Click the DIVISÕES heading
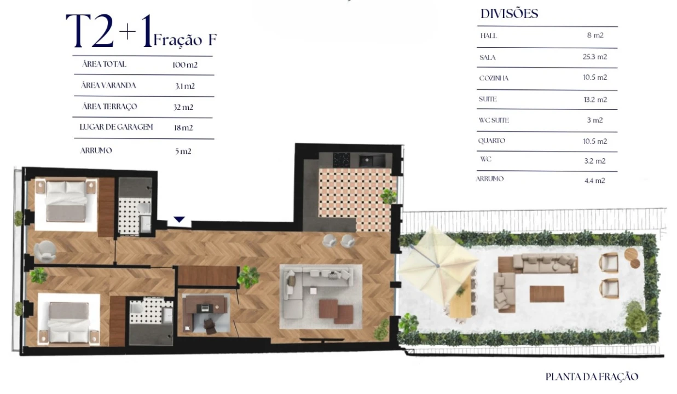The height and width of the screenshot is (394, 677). tap(509, 14)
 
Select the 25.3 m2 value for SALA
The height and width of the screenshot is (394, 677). tap(594, 57)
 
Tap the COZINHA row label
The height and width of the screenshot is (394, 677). tap(494, 78)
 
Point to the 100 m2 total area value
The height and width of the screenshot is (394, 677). tap(184, 65)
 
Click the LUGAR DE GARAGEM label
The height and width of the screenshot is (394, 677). tap(117, 127)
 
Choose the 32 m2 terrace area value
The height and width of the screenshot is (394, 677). tap(183, 107)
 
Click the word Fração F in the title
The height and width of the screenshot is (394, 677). tap(185, 40)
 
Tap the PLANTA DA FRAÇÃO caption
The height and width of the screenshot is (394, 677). tap(592, 376)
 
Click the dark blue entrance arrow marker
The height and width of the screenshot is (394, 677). tap(179, 219)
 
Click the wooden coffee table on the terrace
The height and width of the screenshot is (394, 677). tap(546, 294)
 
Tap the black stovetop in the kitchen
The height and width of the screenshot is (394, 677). tap(343, 159)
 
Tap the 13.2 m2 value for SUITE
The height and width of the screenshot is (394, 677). tap(594, 100)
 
